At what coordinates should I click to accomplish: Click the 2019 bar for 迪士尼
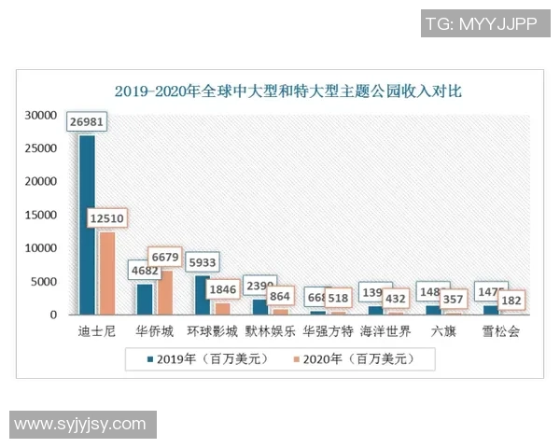tap(87, 224)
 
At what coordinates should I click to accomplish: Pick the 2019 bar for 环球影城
tap(203, 295)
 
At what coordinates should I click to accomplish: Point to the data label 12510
tap(106, 218)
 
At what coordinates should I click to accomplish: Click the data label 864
tap(280, 296)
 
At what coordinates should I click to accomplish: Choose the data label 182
tap(511, 301)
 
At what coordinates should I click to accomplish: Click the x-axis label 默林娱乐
tap(271, 331)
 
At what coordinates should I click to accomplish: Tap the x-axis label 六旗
tap(443, 331)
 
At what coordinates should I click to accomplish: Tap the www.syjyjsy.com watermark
tap(80, 425)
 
